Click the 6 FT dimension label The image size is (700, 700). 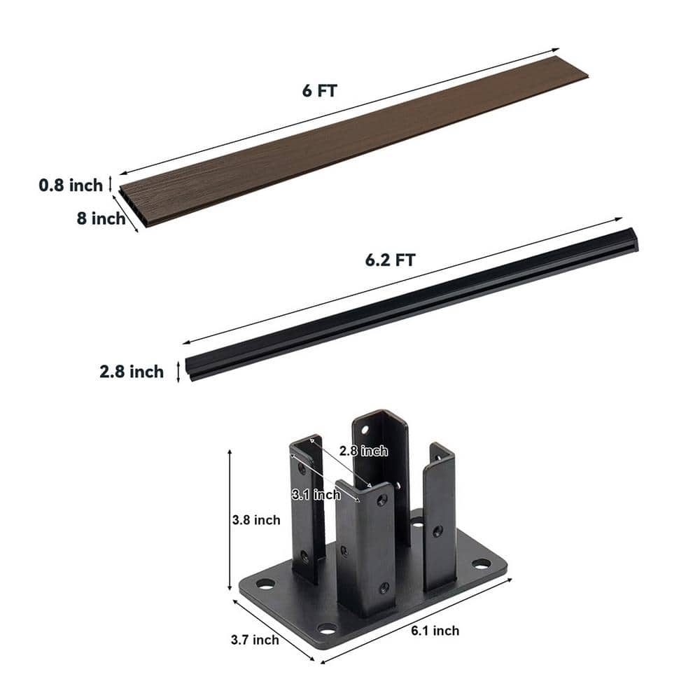pos(320,90)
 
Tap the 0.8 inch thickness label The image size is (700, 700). pos(71,185)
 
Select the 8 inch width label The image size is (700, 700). pos(101,218)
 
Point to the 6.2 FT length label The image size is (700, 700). pos(390,260)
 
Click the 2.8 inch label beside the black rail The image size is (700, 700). pos(132,372)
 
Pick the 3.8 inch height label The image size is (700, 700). pos(256,520)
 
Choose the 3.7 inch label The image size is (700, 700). pos(255,640)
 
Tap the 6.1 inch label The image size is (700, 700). pos(435,631)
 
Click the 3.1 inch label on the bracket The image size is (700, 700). pos(316,494)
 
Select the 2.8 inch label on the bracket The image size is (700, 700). pos(363,451)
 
